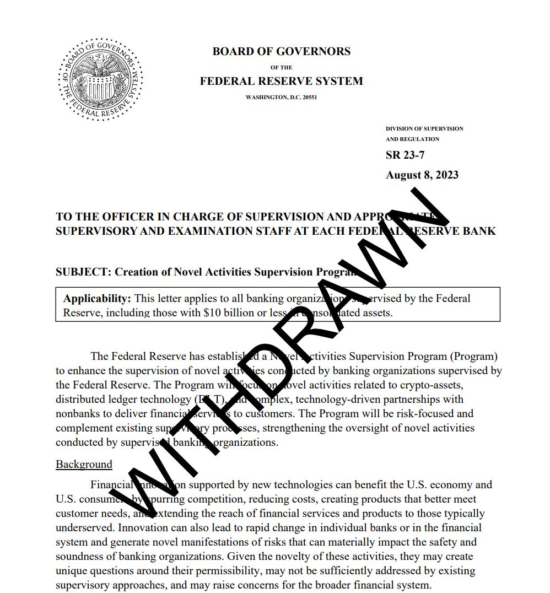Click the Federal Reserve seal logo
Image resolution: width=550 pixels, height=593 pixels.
pyautogui.click(x=100, y=79)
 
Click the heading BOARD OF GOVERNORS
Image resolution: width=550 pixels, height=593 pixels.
pyautogui.click(x=281, y=51)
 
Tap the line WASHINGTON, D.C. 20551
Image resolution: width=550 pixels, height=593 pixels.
pyautogui.click(x=281, y=97)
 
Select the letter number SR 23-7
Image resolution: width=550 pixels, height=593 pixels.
pyautogui.click(x=405, y=155)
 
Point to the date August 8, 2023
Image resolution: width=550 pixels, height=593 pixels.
pyautogui.click(x=422, y=175)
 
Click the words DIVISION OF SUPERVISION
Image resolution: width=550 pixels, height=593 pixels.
pyautogui.click(x=424, y=128)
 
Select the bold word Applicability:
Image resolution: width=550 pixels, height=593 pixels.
pyautogui.click(x=97, y=299)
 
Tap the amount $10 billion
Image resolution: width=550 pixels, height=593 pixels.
pyautogui.click(x=226, y=313)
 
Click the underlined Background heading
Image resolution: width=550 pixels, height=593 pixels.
pyautogui.click(x=84, y=464)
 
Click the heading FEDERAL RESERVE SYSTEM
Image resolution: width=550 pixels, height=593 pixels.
pyautogui.click(x=281, y=81)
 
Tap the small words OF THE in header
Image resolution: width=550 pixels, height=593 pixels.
pyautogui.click(x=281, y=67)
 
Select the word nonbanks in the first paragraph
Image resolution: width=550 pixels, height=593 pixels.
pyautogui.click(x=77, y=413)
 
